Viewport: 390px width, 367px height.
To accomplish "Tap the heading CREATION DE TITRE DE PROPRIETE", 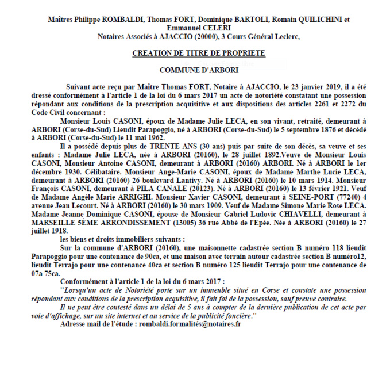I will click(198, 53).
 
